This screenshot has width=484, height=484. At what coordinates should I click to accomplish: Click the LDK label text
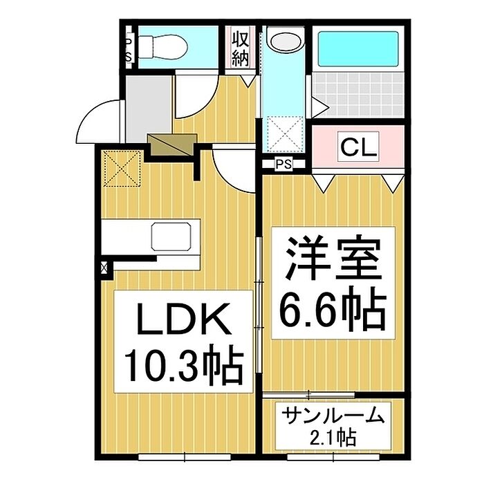(x=185, y=320)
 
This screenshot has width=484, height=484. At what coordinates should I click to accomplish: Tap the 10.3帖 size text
(x=184, y=366)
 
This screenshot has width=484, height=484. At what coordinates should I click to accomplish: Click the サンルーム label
(x=333, y=415)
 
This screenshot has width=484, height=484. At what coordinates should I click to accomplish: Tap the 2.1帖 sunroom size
(x=333, y=437)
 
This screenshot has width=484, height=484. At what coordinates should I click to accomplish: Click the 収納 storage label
(x=240, y=49)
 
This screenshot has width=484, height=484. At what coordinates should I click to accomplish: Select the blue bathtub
(x=358, y=49)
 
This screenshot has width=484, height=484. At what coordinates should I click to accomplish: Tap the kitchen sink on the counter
(x=171, y=236)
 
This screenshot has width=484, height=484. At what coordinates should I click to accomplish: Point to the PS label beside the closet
(x=283, y=165)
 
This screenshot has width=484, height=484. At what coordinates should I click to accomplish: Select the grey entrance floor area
(x=148, y=108)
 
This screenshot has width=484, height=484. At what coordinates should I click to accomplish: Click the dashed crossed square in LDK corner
(x=122, y=169)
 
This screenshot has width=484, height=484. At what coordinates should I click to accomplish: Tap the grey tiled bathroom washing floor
(x=358, y=95)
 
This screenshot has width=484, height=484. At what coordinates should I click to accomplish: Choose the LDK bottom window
(x=185, y=456)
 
